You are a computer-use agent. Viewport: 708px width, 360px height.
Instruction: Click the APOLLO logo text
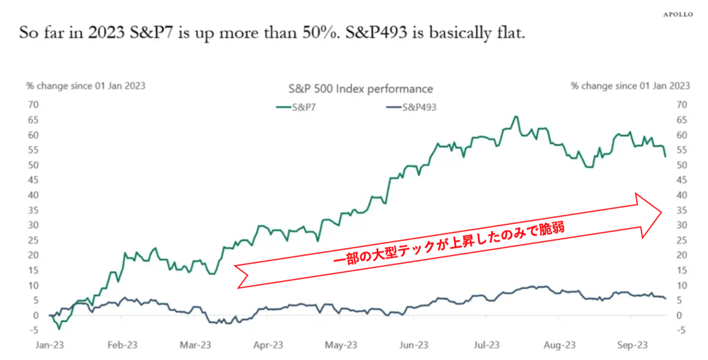[678, 14]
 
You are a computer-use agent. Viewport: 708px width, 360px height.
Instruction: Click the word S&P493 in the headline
[376, 32]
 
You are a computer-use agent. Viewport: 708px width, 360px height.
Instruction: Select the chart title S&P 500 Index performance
[361, 89]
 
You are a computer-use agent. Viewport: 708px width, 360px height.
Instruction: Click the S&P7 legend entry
[296, 107]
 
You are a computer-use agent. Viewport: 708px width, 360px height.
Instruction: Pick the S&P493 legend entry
[411, 107]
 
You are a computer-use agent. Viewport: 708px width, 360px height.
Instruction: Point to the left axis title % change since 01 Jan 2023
[86, 86]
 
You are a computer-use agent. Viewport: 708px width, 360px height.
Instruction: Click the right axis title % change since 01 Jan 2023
[630, 86]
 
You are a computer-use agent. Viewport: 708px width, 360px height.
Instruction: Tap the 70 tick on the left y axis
[33, 104]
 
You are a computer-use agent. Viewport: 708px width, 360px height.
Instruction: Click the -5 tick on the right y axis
[680, 330]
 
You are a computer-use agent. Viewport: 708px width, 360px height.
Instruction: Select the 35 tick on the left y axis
[33, 210]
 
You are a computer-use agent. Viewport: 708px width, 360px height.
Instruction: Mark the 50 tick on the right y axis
[681, 165]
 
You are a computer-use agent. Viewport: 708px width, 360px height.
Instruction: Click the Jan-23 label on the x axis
[50, 345]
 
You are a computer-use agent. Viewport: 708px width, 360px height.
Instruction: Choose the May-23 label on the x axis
[341, 345]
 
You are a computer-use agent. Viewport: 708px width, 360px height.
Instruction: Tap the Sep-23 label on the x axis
[632, 345]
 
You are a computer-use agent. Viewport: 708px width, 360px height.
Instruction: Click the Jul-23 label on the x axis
[486, 345]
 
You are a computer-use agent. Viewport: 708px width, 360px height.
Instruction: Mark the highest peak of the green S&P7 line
[516, 117]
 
